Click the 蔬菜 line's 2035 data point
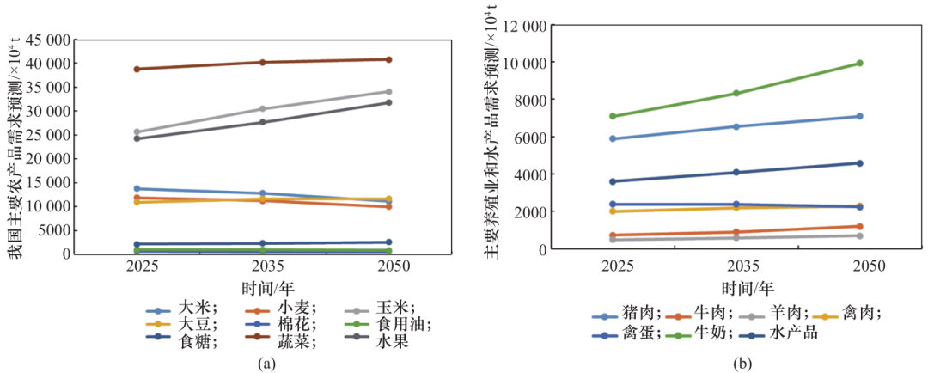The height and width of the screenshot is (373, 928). pos(264,62)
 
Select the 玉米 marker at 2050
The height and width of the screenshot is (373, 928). pos(388,92)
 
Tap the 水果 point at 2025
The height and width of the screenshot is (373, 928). pos(138,138)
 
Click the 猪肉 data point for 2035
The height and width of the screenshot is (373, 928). pos(736,126)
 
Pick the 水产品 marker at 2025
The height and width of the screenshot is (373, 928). pos(612,181)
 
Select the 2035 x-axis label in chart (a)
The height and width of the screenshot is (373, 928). pos(263,267)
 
